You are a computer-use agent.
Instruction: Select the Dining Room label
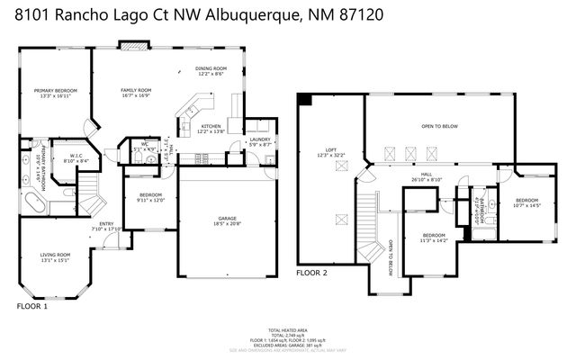pos(211,70)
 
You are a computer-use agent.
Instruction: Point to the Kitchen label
pos(211,128)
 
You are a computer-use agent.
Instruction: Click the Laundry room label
pos(260,141)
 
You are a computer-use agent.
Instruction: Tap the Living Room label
pos(55,257)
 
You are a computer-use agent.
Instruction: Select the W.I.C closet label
pos(76,159)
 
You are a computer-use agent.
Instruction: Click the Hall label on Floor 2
pos(427,177)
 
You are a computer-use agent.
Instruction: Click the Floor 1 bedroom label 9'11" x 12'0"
pos(149,197)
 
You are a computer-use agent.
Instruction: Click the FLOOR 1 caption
pos(33,307)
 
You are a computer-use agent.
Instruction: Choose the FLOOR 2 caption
pos(312,272)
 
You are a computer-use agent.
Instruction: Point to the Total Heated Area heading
pos(287,329)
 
